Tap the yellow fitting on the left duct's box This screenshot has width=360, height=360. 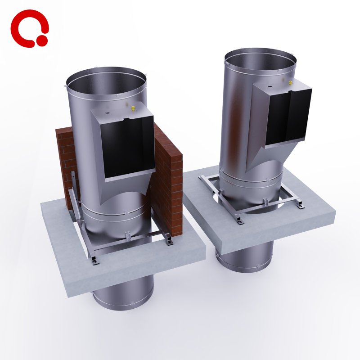pyautogui.click(x=133, y=108)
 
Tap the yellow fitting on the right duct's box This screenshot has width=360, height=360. pyautogui.click(x=291, y=83)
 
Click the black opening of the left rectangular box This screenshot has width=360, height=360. pyautogui.click(x=128, y=148)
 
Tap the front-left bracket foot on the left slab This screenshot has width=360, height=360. pyautogui.click(x=93, y=261)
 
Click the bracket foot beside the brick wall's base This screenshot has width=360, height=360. pyautogui.click(x=169, y=242)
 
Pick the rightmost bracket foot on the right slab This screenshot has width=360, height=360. pyautogui.click(x=300, y=206)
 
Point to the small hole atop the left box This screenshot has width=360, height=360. pyautogui.click(x=108, y=111)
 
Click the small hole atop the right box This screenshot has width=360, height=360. pyautogui.click(x=270, y=85)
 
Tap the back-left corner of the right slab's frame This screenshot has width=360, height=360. pyautogui.click(x=202, y=178)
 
